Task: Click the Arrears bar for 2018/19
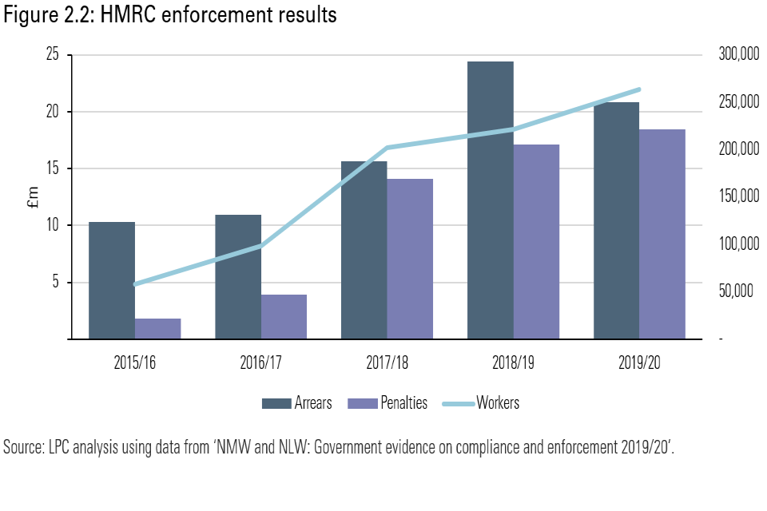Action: (x=491, y=200)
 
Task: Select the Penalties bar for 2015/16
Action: (x=157, y=329)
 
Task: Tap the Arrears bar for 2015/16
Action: (x=112, y=280)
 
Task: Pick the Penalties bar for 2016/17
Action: (x=284, y=317)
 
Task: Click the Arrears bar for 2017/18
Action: (x=364, y=250)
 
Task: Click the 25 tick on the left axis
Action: (x=53, y=55)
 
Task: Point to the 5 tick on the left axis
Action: (x=57, y=283)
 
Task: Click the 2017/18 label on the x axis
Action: (x=387, y=363)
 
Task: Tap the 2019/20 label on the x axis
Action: (x=639, y=363)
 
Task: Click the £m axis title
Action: (x=33, y=198)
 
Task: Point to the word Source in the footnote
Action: (x=24, y=447)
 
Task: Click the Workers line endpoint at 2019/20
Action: (x=639, y=89)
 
